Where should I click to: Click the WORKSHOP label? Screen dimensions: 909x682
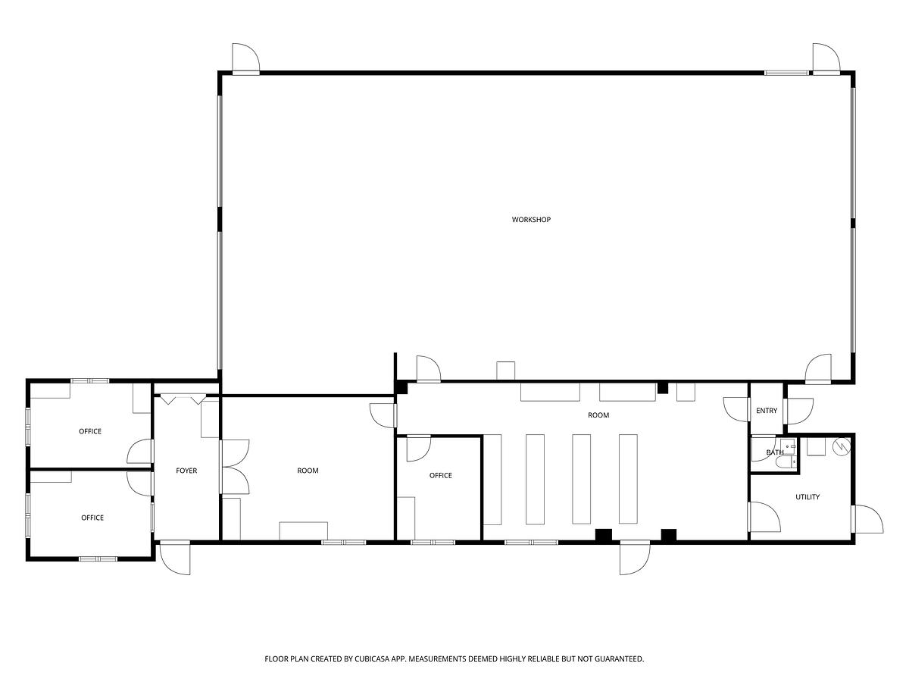531,220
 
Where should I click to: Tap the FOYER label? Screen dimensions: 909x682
186,471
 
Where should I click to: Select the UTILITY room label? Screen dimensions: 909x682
807,497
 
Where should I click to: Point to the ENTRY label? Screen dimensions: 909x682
766,411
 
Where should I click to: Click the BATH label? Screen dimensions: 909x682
774,452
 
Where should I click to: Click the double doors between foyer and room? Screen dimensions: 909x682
236,467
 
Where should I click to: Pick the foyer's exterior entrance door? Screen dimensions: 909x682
175,557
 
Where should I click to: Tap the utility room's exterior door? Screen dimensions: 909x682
867,519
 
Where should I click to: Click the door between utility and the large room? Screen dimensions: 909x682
764,517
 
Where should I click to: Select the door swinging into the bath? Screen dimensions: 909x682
764,449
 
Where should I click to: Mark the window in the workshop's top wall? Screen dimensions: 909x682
786,73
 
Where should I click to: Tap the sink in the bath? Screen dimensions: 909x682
790,447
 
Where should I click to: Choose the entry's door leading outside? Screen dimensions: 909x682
800,411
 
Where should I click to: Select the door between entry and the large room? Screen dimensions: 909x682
737,409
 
